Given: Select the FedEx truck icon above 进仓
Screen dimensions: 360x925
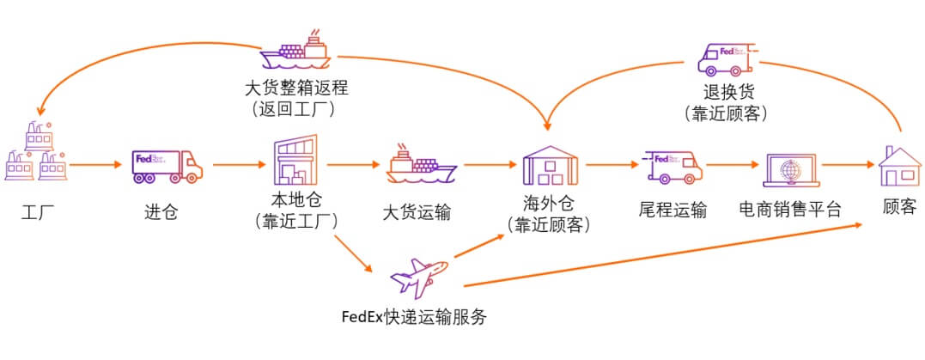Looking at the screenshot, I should click(167, 166).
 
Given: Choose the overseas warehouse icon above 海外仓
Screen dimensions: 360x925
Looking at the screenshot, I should click(549, 164).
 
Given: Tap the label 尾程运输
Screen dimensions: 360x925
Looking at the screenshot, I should click(672, 209).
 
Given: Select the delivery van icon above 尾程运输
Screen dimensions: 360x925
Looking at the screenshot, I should click(671, 167).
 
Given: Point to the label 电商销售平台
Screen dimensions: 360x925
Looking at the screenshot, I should click(790, 209).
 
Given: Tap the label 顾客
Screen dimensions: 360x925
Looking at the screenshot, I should click(899, 208).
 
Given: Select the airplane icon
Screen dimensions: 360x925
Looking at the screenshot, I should click(419, 277).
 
